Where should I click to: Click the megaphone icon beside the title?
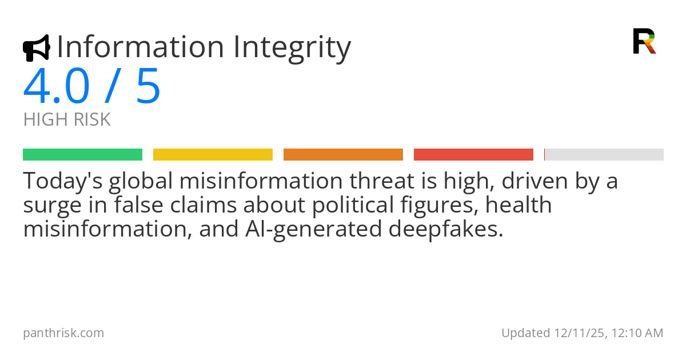click(36, 48)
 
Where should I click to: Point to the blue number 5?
click(148, 87)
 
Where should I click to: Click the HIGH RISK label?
click(67, 119)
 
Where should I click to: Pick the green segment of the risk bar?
click(82, 154)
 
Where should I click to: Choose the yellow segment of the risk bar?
click(213, 154)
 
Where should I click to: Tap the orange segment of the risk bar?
click(343, 154)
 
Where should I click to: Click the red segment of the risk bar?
click(473, 154)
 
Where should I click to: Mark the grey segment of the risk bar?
click(604, 154)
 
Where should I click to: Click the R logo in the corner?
click(644, 41)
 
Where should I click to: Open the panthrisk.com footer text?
click(63, 333)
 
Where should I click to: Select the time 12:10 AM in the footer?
click(637, 333)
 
